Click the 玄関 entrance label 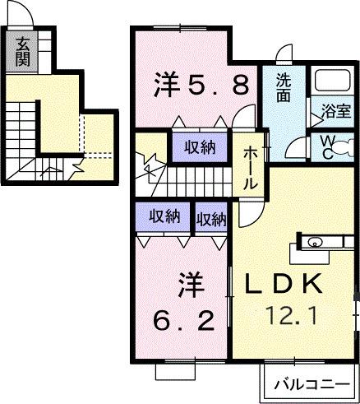22,51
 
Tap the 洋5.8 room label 201,86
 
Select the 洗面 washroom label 284,88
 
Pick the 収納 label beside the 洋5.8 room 199,147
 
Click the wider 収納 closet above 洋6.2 164,217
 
